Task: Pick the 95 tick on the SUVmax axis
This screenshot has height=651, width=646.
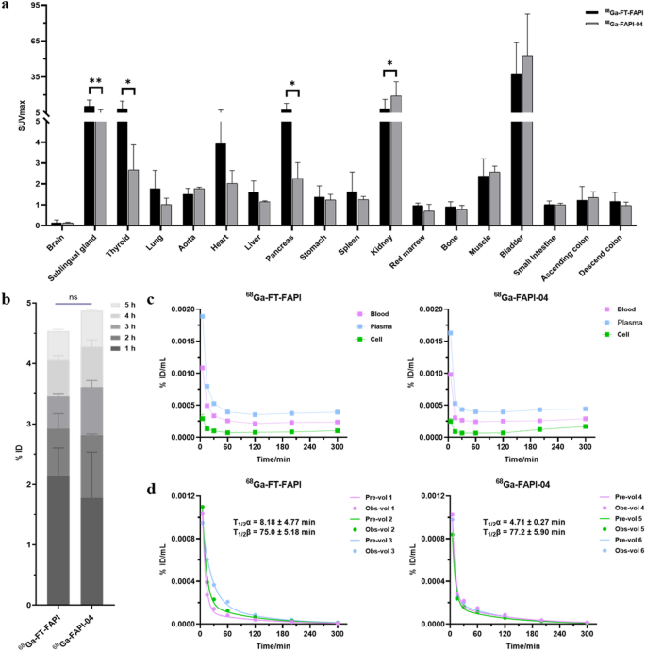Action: pyautogui.click(x=34, y=6)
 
